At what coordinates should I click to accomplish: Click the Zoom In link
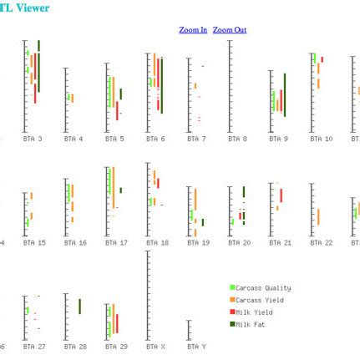(x=193, y=30)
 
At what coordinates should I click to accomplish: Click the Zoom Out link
(x=229, y=30)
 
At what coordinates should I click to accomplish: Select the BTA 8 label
(x=238, y=139)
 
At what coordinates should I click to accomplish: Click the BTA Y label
(x=196, y=346)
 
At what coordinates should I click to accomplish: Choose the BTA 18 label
(x=157, y=242)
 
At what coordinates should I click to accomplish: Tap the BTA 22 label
(x=321, y=242)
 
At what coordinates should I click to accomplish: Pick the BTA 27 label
(x=34, y=346)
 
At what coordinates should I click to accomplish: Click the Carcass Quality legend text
(x=265, y=288)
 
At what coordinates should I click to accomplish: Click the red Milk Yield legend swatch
(x=233, y=312)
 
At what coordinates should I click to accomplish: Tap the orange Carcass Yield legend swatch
(x=233, y=300)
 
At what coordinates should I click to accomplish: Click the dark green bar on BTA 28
(x=79, y=307)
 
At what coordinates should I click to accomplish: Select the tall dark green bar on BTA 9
(x=285, y=94)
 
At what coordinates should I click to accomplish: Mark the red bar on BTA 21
(x=281, y=195)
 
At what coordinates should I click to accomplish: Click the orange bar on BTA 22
(x=318, y=216)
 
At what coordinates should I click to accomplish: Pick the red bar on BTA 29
(x=117, y=322)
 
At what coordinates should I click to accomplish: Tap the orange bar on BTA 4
(x=73, y=98)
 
